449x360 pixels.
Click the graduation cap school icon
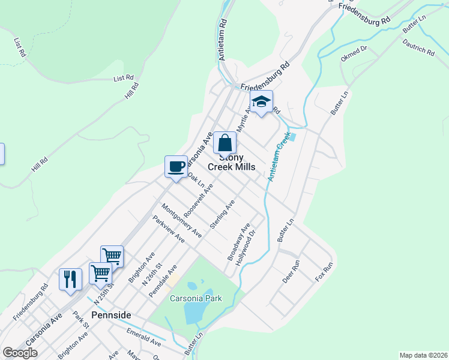(261, 103)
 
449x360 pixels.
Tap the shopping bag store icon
(225, 144)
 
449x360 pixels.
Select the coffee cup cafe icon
(176, 167)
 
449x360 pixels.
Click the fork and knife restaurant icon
(70, 279)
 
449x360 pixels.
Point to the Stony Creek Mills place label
(231, 161)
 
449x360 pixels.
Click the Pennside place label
(111, 314)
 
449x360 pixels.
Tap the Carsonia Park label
(196, 298)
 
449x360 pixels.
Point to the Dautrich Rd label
(418, 47)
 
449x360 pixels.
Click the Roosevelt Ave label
(199, 200)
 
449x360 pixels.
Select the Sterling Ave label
(221, 215)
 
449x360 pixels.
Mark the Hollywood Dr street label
(246, 243)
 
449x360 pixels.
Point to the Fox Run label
(324, 272)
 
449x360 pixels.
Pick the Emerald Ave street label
(143, 337)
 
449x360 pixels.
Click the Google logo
(20, 353)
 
